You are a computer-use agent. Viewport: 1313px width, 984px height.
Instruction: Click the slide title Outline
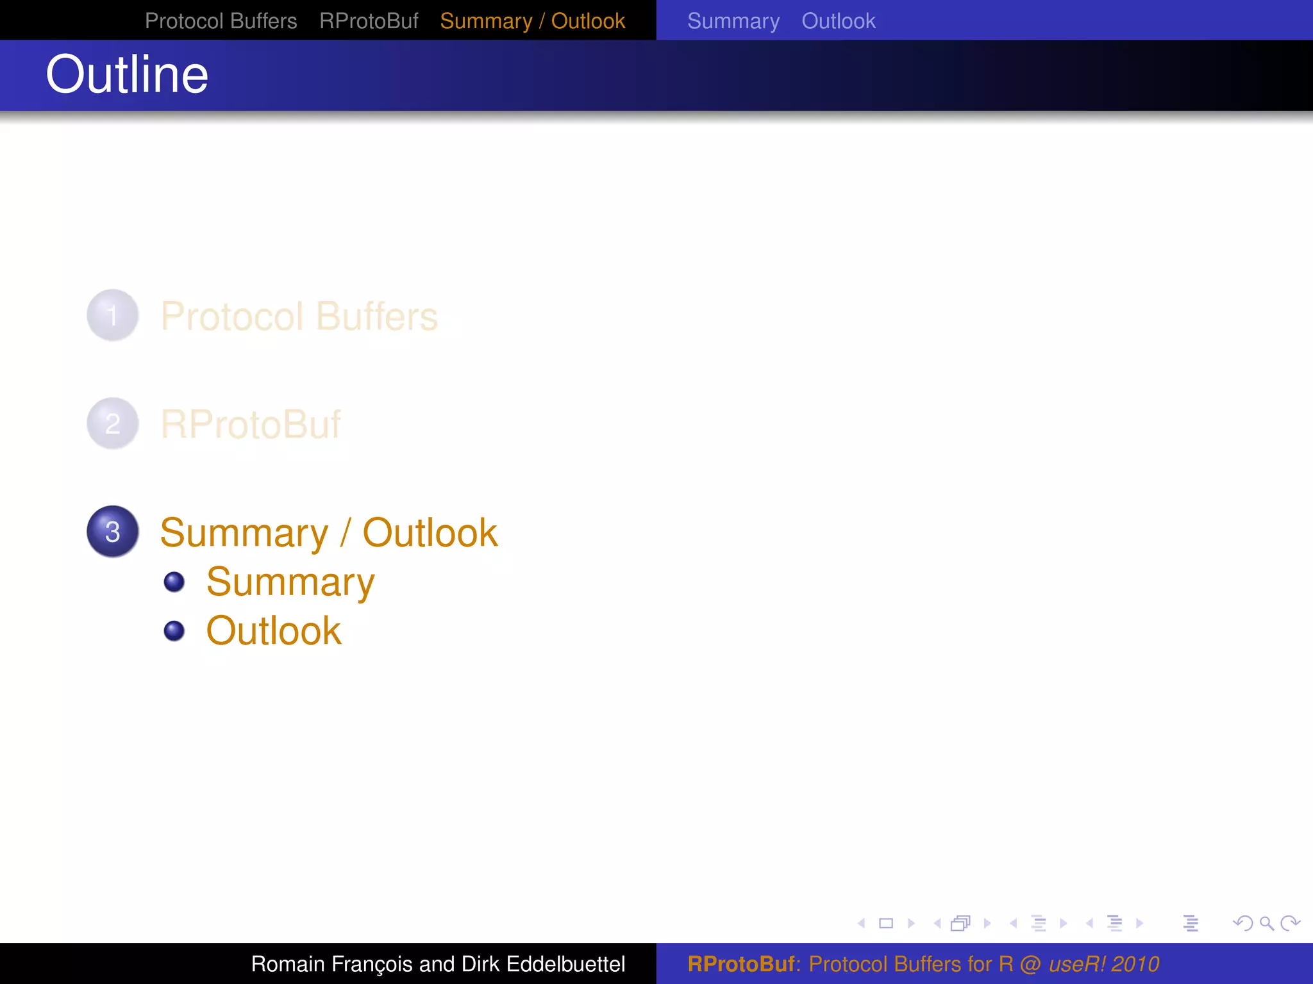point(127,75)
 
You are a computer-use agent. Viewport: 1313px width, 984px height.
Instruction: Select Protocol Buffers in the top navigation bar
point(221,21)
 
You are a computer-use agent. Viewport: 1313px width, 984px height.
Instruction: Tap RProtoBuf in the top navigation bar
point(369,21)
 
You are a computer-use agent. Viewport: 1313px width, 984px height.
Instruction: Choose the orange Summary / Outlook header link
point(532,21)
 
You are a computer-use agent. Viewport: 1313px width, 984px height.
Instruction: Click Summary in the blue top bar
point(733,21)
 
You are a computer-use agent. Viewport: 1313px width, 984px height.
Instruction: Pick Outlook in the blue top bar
point(838,21)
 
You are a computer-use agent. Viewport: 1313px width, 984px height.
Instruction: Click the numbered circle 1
point(113,315)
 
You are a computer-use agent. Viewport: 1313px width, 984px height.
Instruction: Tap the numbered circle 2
point(113,423)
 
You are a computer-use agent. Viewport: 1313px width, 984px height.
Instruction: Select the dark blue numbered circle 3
point(113,532)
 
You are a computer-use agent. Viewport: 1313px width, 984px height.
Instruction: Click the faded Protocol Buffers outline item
point(299,316)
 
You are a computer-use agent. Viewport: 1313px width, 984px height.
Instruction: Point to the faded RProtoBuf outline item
point(250,424)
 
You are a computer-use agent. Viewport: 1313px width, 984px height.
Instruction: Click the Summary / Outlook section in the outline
point(328,532)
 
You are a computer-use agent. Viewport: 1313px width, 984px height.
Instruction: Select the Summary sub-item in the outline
point(290,582)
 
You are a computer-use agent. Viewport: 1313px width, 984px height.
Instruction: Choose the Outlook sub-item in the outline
point(274,631)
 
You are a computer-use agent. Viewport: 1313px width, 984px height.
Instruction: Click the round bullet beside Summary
point(174,582)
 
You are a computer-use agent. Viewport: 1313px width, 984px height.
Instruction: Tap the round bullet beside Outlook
point(174,631)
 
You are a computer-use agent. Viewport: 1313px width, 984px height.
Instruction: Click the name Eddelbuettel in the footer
point(565,964)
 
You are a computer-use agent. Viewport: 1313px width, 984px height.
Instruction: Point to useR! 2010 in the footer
point(1103,964)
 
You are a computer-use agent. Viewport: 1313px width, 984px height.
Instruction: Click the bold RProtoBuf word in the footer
point(741,964)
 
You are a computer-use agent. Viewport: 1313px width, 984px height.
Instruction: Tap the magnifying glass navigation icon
point(1266,923)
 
